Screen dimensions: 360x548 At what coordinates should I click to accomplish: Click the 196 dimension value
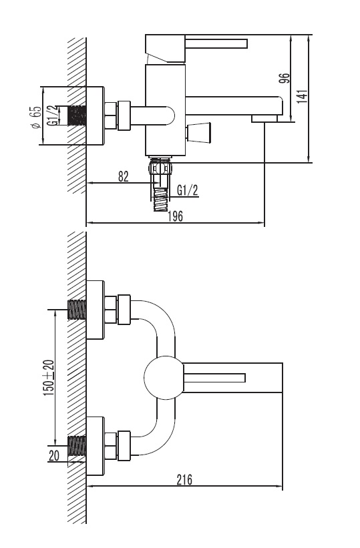tap(175, 216)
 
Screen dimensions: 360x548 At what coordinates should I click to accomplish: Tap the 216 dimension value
tap(184, 479)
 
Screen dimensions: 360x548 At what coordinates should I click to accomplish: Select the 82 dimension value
tap(123, 176)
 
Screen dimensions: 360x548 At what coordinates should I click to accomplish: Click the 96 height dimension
tap(284, 77)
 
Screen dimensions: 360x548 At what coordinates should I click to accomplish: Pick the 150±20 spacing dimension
tap(48, 378)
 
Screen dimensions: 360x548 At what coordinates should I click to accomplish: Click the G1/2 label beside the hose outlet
tap(188, 190)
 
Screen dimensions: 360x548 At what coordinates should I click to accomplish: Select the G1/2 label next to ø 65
tap(52, 115)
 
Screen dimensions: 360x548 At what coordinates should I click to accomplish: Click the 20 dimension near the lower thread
tap(54, 456)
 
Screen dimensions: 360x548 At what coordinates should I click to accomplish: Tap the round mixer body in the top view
tap(164, 378)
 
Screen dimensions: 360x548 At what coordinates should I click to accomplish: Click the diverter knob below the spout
tap(198, 133)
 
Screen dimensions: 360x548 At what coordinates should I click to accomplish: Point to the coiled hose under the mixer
tap(161, 199)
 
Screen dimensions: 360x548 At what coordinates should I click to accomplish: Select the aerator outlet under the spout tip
tap(264, 119)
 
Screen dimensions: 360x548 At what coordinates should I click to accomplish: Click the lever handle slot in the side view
tap(216, 43)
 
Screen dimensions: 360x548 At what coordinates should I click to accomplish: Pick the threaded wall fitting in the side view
tap(77, 115)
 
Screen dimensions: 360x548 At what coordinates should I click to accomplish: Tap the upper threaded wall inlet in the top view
tap(77, 310)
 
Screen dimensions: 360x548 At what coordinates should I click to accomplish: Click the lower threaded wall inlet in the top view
tap(77, 446)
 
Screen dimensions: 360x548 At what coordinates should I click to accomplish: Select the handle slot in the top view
tap(214, 378)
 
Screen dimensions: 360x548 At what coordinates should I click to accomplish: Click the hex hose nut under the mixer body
tap(160, 167)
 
